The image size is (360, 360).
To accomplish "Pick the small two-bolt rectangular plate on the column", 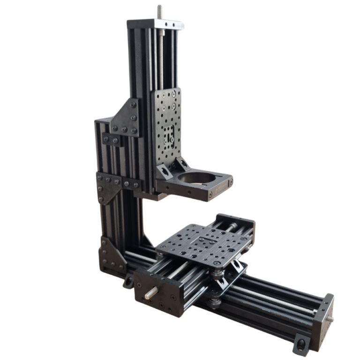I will (112, 139).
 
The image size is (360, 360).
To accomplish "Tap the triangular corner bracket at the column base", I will (111, 255).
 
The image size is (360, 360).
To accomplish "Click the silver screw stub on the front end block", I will (151, 293).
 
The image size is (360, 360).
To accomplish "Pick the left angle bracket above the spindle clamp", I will (164, 172).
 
